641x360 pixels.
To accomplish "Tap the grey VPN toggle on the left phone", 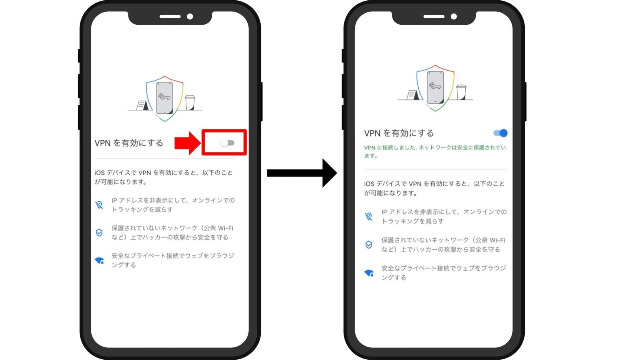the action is click(227, 143).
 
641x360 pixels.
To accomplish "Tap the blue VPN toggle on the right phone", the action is click(500, 133).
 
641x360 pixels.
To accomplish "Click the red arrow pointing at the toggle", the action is click(187, 143).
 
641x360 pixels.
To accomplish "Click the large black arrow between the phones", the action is click(302, 173).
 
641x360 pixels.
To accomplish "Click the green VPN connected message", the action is click(435, 151).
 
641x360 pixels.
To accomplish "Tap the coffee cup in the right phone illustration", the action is click(461, 92).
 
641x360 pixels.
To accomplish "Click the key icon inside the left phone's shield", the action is click(164, 96).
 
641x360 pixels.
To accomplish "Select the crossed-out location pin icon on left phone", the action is click(99, 205).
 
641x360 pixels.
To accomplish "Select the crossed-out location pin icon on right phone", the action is click(369, 216).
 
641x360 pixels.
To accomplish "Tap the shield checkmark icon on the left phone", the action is click(99, 233).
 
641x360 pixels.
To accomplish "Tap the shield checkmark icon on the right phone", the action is click(369, 245).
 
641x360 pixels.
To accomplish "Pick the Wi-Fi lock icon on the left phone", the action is click(99, 261).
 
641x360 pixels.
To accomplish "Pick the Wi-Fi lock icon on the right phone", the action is click(369, 273).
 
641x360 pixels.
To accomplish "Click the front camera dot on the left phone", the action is click(190, 16).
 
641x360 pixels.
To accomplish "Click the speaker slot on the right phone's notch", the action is click(434, 16).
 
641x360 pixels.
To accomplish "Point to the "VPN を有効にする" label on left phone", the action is click(129, 143).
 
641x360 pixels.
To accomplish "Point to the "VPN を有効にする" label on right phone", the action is click(399, 133).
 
